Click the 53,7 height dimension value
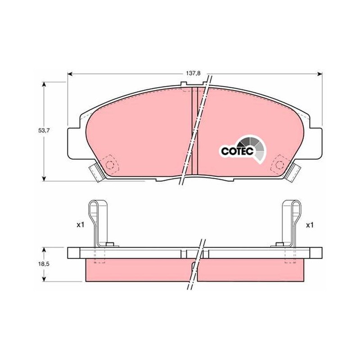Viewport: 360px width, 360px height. [x=44, y=130]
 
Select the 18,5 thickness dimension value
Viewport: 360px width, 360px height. [x=44, y=264]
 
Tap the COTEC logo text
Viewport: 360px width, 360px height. [x=237, y=151]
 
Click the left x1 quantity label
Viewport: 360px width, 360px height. [x=81, y=225]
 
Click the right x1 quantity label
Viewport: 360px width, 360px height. [x=310, y=225]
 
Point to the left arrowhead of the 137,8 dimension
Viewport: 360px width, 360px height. [x=71, y=74]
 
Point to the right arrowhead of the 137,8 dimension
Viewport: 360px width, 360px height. [x=319, y=74]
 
